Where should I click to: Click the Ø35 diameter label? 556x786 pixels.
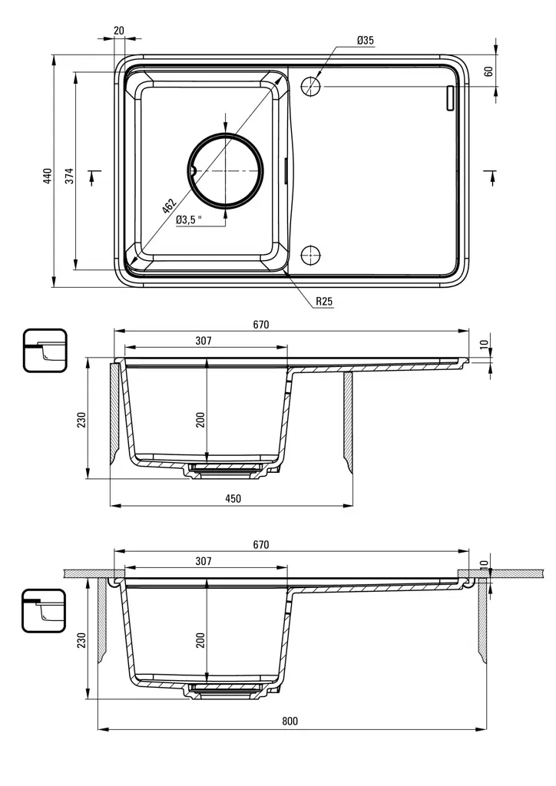pos(366,40)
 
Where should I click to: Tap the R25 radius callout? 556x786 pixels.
pos(324,302)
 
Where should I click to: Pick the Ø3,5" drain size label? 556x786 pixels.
pos(189,220)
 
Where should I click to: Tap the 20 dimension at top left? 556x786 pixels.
pos(118,30)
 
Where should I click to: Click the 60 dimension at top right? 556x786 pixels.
pos(488,71)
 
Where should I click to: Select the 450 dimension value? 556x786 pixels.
pos(233,499)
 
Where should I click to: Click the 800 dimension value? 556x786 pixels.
pos(290,721)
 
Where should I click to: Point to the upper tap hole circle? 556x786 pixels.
pos(310,86)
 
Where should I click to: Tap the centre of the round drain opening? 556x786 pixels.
pos(226,170)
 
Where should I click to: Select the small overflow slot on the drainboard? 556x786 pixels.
pos(451,98)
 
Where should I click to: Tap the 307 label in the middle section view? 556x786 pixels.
pos(204,341)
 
